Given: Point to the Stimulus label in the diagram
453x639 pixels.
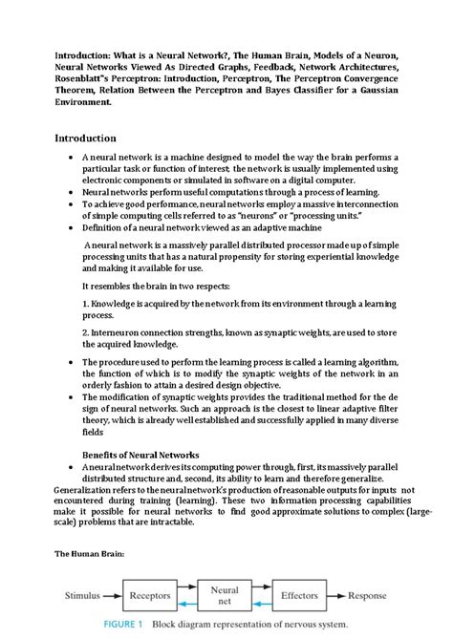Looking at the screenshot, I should [81, 594].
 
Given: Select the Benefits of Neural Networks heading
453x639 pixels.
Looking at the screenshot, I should [139, 454].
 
